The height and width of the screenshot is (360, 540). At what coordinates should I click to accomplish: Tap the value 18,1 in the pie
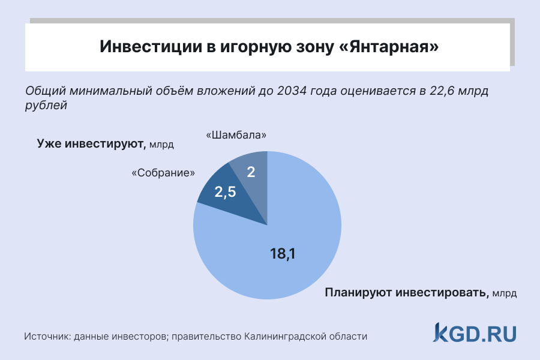pos(283,254)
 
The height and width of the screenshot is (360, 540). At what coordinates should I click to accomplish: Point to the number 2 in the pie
pos(251,173)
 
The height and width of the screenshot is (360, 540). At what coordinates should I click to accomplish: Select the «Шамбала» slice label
pos(236,136)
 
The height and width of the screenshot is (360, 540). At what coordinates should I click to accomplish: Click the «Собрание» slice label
pos(163,173)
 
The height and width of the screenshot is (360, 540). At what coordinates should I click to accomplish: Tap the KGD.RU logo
pos(475,332)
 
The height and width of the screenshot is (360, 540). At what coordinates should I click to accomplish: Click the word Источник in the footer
pos(47,337)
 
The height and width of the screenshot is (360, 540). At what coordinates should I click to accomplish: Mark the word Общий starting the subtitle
pos(46,92)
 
